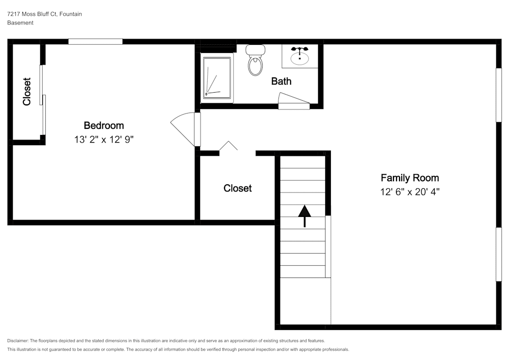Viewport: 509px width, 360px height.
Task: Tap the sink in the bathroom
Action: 300,56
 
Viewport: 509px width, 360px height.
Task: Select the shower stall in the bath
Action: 217,77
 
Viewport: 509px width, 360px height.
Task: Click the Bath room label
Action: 281,81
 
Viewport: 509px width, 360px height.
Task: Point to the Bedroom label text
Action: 103,125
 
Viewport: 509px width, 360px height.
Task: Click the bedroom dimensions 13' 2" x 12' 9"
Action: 103,139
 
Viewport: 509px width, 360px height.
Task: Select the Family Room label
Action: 410,178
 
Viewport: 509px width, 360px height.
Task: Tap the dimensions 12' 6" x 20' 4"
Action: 410,192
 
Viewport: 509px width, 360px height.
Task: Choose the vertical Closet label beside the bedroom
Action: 27,92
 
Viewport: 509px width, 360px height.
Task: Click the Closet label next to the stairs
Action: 238,188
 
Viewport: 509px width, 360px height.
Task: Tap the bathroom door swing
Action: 294,105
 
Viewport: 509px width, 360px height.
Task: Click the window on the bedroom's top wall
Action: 95,42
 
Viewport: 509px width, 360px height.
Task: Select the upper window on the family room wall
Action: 499,95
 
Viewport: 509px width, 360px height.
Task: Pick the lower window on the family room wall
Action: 499,254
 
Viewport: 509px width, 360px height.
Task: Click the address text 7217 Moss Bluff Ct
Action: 44,14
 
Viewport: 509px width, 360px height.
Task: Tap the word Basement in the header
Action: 20,23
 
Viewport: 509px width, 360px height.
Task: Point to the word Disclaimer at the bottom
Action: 18,341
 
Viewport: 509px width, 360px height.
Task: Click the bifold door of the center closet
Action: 229,147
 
